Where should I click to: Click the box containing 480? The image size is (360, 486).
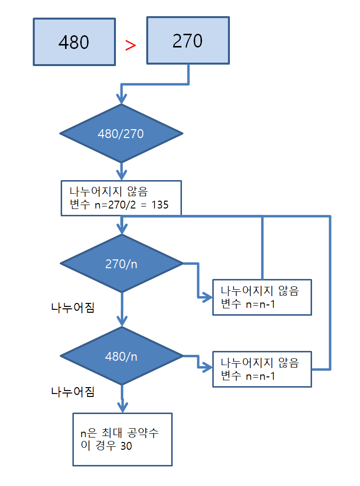pyautogui.click(x=74, y=42)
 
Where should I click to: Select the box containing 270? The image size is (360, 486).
pyautogui.click(x=188, y=41)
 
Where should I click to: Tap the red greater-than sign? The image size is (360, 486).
pyautogui.click(x=130, y=45)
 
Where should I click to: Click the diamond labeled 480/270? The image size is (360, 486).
pyautogui.click(x=121, y=134)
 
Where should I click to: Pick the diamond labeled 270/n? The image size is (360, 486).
pyautogui.click(x=121, y=264)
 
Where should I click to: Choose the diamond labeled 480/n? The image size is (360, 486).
pyautogui.click(x=121, y=356)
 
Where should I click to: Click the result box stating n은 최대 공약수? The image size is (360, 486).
pyautogui.click(x=122, y=440)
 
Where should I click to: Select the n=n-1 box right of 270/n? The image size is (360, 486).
pyautogui.click(x=262, y=297)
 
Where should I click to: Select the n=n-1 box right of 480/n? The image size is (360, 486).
pyautogui.click(x=262, y=369)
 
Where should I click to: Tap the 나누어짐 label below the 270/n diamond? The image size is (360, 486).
pyautogui.click(x=73, y=308)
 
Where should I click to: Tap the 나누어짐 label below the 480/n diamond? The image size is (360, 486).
pyautogui.click(x=73, y=392)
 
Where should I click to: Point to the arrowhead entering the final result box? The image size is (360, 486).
pyautogui.click(x=121, y=407)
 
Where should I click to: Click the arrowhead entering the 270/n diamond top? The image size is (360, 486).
pyautogui.click(x=121, y=229)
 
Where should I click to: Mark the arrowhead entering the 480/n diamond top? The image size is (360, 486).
pyautogui.click(x=121, y=321)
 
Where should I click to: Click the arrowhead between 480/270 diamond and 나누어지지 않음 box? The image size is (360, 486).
pyautogui.click(x=121, y=175)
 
